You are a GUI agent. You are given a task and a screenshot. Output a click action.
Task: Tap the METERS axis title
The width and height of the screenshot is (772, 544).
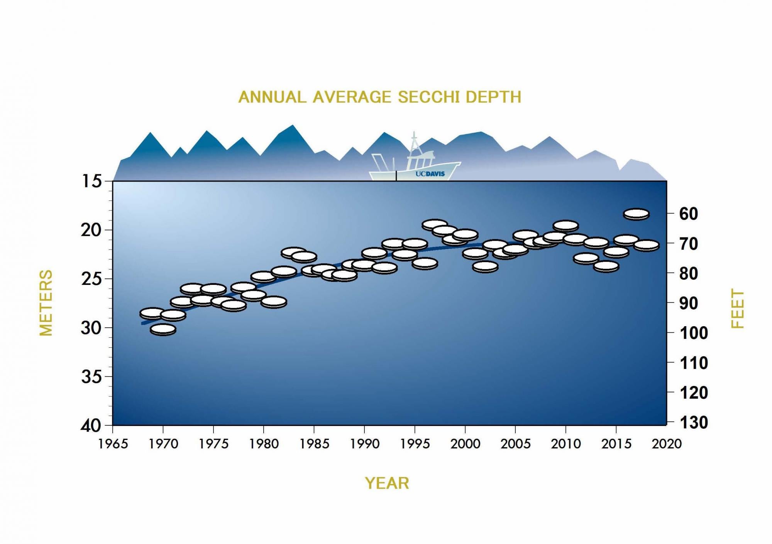click(46, 303)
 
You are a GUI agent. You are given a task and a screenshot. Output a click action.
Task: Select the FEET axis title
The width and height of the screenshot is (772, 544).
click(737, 308)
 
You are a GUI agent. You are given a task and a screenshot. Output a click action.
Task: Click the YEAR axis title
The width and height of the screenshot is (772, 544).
click(387, 483)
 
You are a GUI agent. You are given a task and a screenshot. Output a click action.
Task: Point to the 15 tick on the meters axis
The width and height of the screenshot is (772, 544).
click(91, 181)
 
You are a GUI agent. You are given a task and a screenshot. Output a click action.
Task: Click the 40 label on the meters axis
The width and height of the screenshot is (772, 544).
click(91, 426)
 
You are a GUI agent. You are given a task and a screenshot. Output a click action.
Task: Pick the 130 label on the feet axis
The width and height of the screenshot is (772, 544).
click(693, 423)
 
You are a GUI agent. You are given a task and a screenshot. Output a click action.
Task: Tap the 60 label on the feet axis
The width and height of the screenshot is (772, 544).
click(689, 214)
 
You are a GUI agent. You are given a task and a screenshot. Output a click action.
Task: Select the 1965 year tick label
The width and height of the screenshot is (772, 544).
click(113, 444)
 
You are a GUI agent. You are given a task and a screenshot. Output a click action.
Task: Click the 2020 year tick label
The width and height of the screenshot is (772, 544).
click(667, 444)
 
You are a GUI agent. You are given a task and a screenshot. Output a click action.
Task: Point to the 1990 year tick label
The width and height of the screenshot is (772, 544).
click(364, 444)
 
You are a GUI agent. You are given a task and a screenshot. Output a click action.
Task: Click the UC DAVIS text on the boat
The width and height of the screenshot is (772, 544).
click(430, 174)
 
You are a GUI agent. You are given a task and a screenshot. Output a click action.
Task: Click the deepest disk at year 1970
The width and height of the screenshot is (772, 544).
click(163, 329)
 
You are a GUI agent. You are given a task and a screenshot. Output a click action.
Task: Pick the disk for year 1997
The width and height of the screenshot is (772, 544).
click(435, 224)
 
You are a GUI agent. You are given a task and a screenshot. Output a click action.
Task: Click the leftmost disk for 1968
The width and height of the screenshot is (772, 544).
click(152, 313)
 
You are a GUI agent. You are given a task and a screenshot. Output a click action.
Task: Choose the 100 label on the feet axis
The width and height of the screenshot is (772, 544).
click(693, 333)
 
